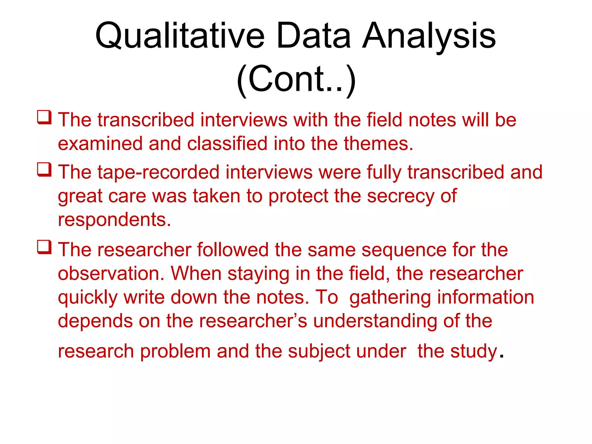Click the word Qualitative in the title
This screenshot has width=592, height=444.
pyautogui.click(x=180, y=36)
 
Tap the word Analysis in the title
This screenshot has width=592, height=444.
pyautogui.click(x=429, y=36)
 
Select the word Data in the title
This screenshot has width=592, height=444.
pyautogui.click(x=314, y=36)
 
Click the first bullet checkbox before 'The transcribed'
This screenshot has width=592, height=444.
pyautogui.click(x=44, y=117)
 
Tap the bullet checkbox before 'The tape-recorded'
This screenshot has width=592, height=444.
pyautogui.click(x=44, y=170)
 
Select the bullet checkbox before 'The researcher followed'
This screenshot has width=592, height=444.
pyautogui.click(x=44, y=247)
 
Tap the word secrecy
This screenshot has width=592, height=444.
pyautogui.click(x=400, y=196)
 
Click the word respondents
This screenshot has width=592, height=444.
pyautogui.click(x=114, y=220)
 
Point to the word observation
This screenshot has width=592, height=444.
pyautogui.click(x=111, y=273)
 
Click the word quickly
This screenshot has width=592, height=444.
pyautogui.click(x=88, y=297)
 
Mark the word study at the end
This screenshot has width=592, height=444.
pyautogui.click(x=474, y=351)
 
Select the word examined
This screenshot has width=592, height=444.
pyautogui.click(x=100, y=144)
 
